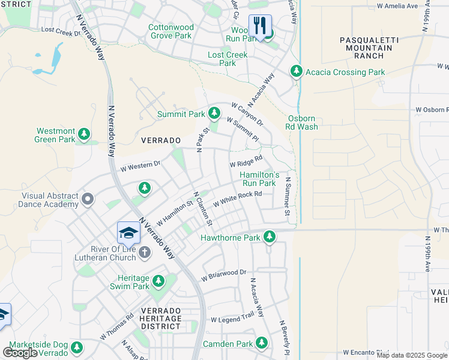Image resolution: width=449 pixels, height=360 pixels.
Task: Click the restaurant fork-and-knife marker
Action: click(260, 26)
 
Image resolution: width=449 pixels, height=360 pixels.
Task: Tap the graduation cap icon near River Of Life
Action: click(128, 232)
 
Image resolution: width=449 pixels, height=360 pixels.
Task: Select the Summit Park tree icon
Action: click(214, 113)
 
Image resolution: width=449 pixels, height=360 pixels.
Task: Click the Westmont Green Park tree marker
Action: click(85, 133)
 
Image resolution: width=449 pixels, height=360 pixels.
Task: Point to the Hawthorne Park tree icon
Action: click(270, 237)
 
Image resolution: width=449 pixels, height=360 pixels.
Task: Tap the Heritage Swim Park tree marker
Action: click(158, 280)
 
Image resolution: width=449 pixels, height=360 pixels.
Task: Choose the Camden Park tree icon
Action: click(261, 343)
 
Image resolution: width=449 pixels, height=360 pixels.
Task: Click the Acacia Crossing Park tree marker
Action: click(296, 71)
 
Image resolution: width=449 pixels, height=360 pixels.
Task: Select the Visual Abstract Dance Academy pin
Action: click(88, 199)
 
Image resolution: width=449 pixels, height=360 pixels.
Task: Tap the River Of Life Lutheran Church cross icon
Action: click(144, 253)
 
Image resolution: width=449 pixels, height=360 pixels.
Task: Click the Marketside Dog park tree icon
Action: click(76, 347)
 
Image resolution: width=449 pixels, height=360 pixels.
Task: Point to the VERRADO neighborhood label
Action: click(160, 140)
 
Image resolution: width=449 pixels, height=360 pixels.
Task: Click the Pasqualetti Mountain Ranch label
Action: click(361, 47)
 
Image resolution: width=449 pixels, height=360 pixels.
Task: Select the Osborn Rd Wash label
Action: click(301, 123)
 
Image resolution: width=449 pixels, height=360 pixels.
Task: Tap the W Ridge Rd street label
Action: click(246, 161)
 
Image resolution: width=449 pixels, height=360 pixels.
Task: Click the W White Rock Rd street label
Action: click(238, 198)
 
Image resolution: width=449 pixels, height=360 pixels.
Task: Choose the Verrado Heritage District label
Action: click(160, 318)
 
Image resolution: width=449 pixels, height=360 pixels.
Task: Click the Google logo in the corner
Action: click(20, 353)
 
